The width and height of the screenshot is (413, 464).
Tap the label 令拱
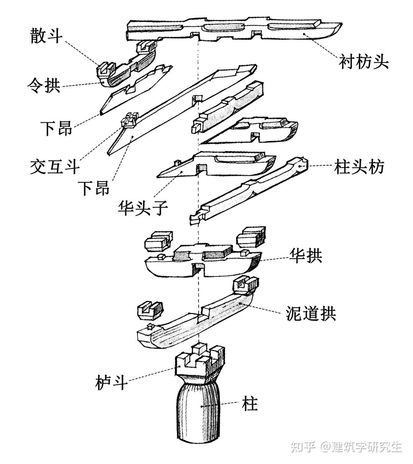[45, 85]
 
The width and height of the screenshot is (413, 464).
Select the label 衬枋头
[364, 62]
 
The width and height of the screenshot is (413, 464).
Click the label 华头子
[142, 208]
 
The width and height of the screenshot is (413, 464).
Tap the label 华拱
[306, 256]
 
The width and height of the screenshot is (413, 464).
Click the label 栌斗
[111, 382]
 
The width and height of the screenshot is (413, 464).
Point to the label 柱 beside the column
[250, 404]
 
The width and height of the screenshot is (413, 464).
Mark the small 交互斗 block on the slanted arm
[129, 121]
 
